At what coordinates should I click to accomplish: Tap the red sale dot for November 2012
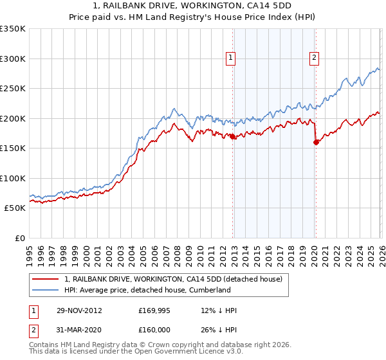tap(232, 136)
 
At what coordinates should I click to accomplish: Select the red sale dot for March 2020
tap(316, 143)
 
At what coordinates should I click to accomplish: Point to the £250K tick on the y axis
tap(13, 89)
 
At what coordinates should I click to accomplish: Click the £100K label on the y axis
tap(13, 178)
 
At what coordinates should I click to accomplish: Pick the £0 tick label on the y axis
tap(19, 238)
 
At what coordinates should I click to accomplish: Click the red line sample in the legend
tap(45, 279)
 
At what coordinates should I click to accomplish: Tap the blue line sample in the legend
tap(45, 290)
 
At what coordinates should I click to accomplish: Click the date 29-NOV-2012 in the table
tap(79, 310)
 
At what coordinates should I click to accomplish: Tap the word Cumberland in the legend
tap(210, 290)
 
